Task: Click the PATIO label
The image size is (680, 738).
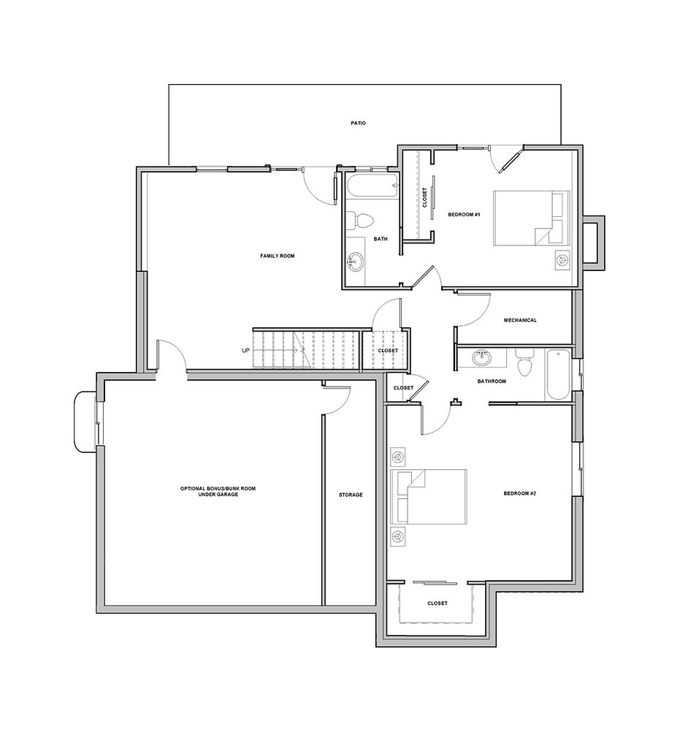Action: pyautogui.click(x=357, y=123)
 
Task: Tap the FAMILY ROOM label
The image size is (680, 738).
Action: pyautogui.click(x=277, y=256)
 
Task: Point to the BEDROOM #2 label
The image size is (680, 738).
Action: pyautogui.click(x=520, y=493)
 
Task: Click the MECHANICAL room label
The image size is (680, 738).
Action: pyautogui.click(x=520, y=320)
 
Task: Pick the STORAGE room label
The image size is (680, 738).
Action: pyautogui.click(x=351, y=495)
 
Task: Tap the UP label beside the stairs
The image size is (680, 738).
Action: pyautogui.click(x=245, y=351)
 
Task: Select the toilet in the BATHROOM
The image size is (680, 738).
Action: pyautogui.click(x=523, y=363)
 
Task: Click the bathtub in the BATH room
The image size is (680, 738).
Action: pyautogui.click(x=373, y=186)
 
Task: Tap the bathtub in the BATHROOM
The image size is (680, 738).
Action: pyautogui.click(x=557, y=374)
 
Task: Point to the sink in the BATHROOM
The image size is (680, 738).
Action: pyautogui.click(x=482, y=358)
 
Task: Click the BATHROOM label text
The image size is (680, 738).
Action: pyautogui.click(x=492, y=381)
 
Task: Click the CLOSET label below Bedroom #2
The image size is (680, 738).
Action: pyautogui.click(x=437, y=603)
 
